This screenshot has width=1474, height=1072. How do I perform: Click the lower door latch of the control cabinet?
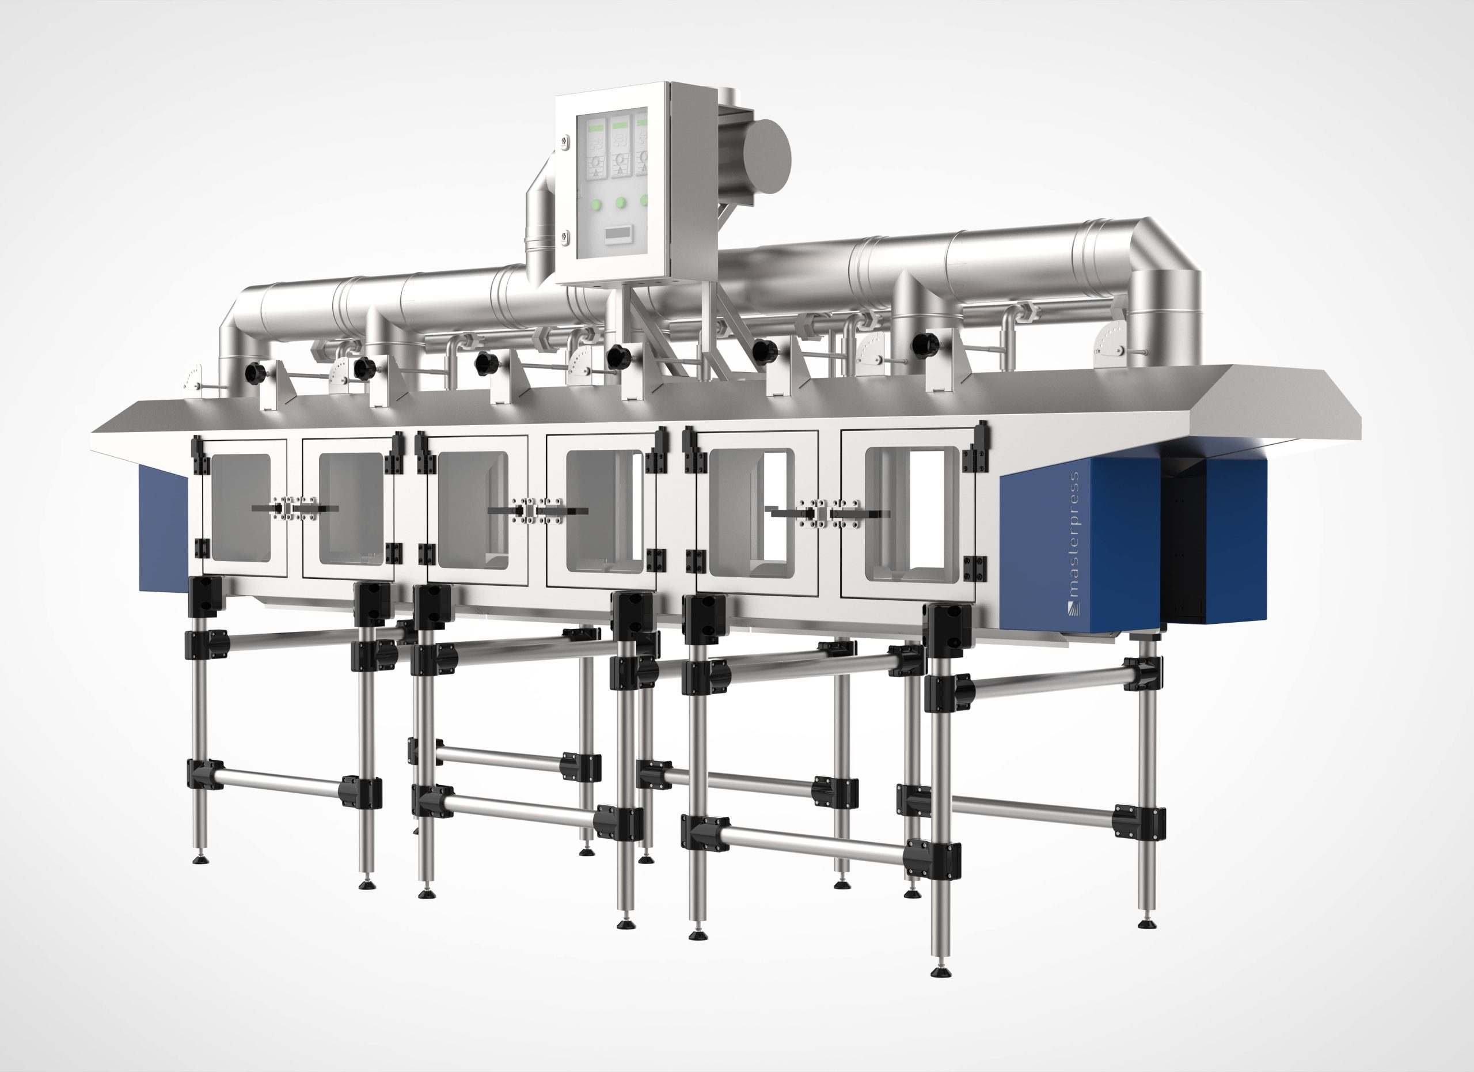click(x=564, y=237)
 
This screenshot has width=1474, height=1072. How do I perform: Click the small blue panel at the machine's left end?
click(x=162, y=529)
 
